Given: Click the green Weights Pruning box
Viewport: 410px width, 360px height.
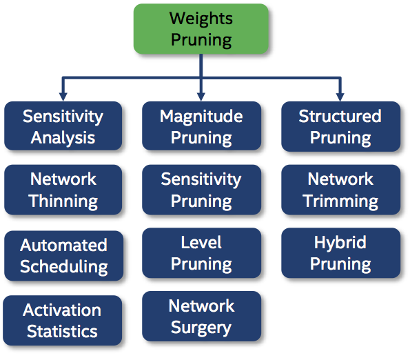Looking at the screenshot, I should tap(201, 28).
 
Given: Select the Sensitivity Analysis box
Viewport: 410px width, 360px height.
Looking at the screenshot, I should tap(63, 127).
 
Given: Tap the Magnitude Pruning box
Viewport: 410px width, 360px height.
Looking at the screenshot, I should tap(201, 127).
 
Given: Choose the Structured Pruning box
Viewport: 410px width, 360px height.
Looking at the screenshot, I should tap(340, 127).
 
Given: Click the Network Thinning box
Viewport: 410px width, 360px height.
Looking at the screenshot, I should tap(63, 190).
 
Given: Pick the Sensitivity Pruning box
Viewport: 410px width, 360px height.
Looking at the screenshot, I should tap(201, 190).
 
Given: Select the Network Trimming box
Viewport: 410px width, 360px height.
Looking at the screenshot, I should tap(340, 190).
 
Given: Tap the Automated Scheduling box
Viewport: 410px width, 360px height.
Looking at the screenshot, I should tap(63, 256).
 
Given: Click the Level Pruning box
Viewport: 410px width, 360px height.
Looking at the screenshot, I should tap(201, 253).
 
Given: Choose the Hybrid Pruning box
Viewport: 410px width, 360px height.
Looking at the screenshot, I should tap(340, 253).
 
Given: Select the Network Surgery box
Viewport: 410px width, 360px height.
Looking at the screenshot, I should tap(201, 317).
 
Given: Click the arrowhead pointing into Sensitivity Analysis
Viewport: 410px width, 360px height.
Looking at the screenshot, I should tap(63, 96).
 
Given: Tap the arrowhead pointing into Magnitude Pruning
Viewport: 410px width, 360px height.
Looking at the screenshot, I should tap(201, 96).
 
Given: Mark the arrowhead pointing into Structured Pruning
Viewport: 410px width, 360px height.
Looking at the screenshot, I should tap(340, 96).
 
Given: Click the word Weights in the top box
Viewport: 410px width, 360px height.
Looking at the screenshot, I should tap(201, 18).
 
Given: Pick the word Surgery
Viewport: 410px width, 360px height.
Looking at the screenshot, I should tap(201, 328).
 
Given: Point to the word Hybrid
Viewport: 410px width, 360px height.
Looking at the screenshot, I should tap(340, 243).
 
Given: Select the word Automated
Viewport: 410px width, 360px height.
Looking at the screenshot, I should tap(63, 246).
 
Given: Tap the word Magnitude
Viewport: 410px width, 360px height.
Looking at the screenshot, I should tap(201, 117).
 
